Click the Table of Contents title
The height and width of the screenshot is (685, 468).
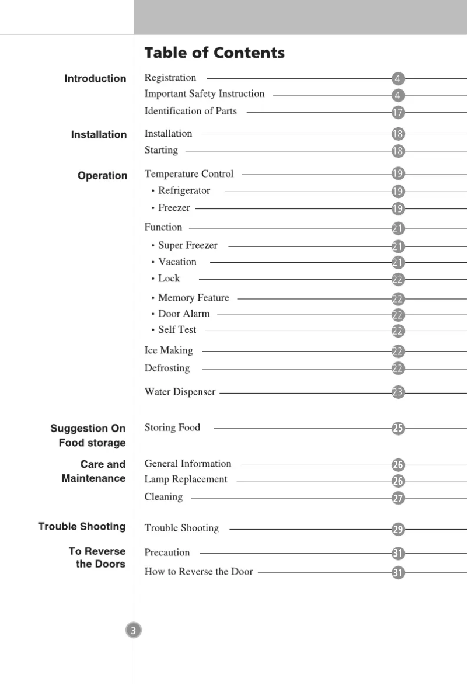pos(214,53)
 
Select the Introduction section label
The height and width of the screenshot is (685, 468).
pos(95,78)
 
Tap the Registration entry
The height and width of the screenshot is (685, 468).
pos(170,78)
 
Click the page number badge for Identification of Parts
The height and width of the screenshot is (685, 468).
pos(398,112)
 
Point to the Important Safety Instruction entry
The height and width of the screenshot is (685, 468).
pos(204,94)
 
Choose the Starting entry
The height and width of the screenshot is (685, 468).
pos(161,150)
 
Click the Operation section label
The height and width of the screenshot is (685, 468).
pos(102,176)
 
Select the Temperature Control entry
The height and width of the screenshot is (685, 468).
pos(188,173)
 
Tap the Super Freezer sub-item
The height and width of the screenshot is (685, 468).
pos(187,245)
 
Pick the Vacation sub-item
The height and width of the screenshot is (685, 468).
pos(177,262)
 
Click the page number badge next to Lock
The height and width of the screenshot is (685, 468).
pos(398,280)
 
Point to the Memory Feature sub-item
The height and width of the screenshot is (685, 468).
pos(193,298)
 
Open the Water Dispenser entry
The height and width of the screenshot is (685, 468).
pos(180,392)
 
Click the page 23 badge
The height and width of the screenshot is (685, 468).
pos(398,393)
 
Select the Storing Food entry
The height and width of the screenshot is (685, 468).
pos(172,427)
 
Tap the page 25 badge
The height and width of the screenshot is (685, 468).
pos(398,429)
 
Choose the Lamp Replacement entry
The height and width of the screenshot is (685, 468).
pos(186,479)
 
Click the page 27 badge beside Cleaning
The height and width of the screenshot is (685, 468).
pos(398,498)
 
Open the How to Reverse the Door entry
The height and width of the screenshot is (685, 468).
pos(198,571)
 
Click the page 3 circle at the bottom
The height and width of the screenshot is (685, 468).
pos(134,630)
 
